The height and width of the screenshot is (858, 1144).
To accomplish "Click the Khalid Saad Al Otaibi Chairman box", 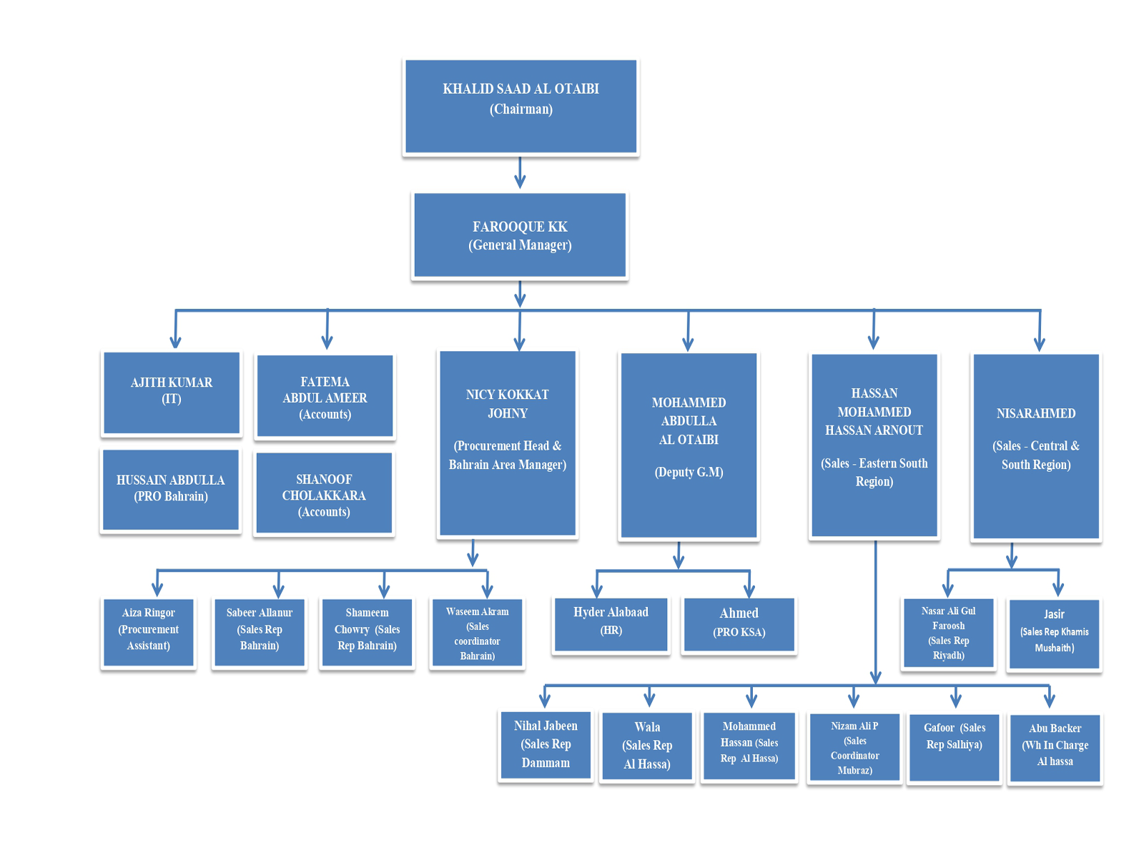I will click(521, 107).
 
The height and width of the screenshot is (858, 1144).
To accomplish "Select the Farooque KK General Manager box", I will click(520, 235).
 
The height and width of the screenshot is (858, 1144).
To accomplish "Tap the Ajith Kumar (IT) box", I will click(172, 393).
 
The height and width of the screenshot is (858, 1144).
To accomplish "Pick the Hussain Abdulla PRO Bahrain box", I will click(171, 490).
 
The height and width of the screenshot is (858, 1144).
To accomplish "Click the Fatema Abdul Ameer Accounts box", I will click(325, 396).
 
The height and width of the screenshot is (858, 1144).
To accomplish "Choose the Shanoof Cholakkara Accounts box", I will click(324, 493).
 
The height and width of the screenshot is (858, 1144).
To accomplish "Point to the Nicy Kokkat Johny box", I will click(508, 443).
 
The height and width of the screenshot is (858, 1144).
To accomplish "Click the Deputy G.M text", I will click(689, 472).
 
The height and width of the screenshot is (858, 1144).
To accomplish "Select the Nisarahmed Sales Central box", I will click(1035, 445).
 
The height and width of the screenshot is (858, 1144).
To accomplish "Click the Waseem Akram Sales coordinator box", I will click(477, 633).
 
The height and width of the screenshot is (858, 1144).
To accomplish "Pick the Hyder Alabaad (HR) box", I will click(611, 624).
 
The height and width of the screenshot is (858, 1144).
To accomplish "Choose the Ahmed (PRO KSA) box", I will click(739, 624).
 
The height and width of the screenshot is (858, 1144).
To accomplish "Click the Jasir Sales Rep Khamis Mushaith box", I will click(1054, 634).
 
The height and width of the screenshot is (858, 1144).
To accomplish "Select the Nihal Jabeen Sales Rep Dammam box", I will click(546, 745).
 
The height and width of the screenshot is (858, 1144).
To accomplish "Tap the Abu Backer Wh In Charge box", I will click(1055, 748).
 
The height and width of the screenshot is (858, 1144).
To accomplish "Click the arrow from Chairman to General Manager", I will click(520, 172).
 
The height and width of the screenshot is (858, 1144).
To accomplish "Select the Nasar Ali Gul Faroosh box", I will click(948, 633).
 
